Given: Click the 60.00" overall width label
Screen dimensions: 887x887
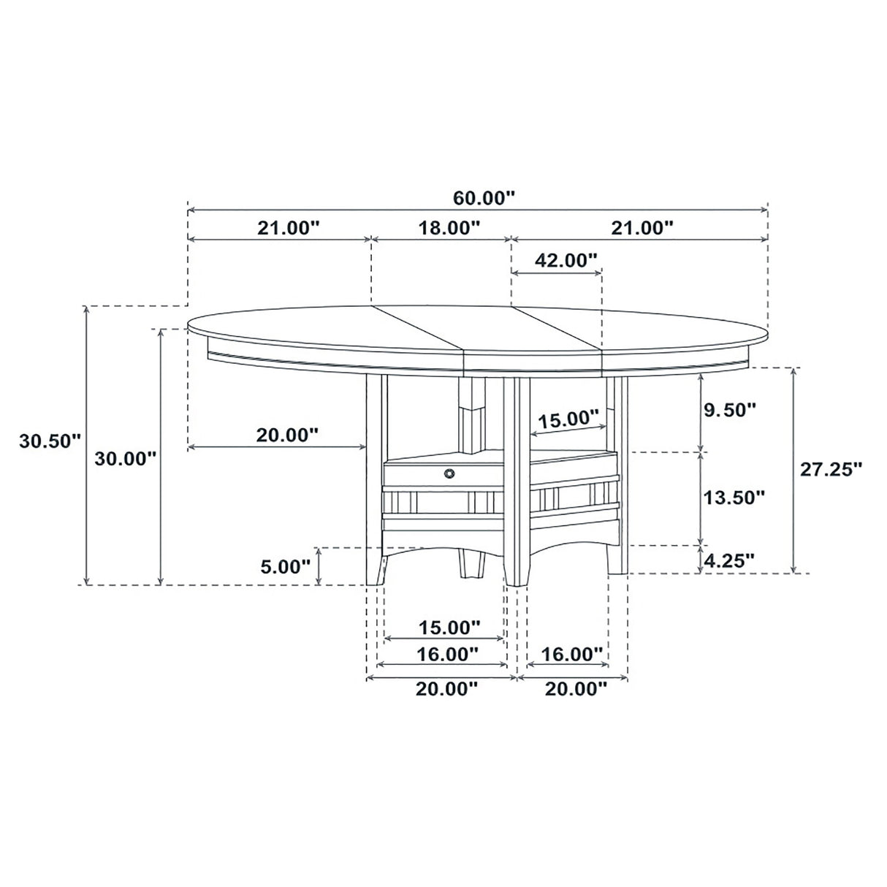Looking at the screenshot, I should click(484, 197).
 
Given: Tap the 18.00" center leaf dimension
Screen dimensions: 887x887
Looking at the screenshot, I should click(449, 227).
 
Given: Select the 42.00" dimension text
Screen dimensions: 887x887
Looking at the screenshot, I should click(566, 259).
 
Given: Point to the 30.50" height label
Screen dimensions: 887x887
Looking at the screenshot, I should click(49, 441).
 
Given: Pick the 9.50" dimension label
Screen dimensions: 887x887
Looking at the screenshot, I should click(728, 410).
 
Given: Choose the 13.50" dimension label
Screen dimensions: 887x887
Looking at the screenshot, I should click(734, 498).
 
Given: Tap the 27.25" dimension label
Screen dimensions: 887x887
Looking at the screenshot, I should click(831, 469).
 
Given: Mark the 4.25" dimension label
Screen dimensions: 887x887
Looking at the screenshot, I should click(728, 560).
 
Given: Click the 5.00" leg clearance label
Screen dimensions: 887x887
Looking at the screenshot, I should click(285, 566).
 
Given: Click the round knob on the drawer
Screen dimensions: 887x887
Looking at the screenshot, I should click(448, 474).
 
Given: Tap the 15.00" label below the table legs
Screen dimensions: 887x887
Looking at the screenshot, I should click(449, 627).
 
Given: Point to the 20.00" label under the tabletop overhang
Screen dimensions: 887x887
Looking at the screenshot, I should click(287, 435).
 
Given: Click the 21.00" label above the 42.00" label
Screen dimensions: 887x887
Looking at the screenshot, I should click(642, 227).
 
